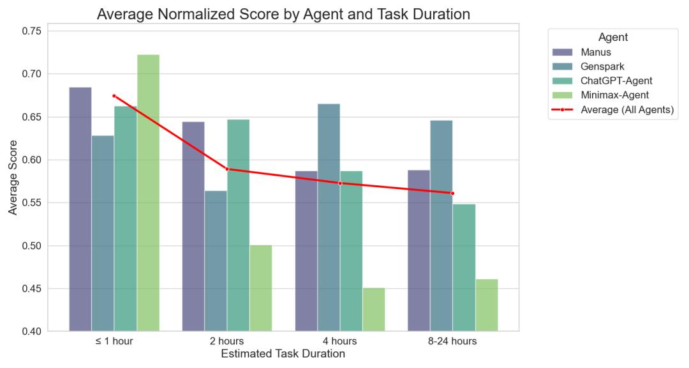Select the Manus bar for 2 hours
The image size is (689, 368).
pyautogui.click(x=193, y=226)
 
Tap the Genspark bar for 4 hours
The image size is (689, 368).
pyautogui.click(x=328, y=217)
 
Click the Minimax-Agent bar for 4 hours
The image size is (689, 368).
pyautogui.click(x=373, y=309)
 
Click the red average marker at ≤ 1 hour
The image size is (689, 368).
pyautogui.click(x=114, y=96)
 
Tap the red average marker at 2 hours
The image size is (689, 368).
pyautogui.click(x=227, y=169)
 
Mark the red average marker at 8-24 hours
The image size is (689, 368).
pyautogui.click(x=452, y=193)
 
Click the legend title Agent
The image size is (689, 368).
pyautogui.click(x=613, y=37)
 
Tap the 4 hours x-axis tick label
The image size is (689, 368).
pyautogui.click(x=339, y=341)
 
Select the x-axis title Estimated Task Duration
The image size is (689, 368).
pyautogui.click(x=283, y=354)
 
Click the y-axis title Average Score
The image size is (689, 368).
pyautogui.click(x=13, y=181)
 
